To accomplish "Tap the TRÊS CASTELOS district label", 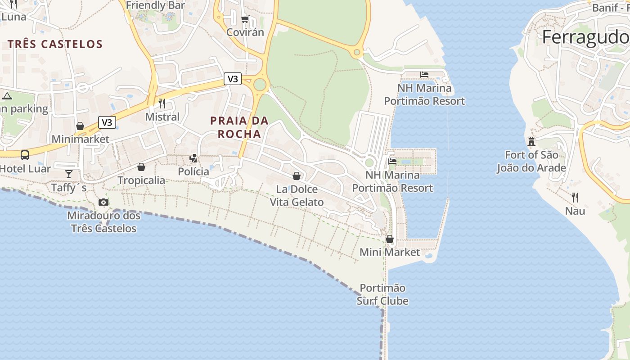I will click(55, 44).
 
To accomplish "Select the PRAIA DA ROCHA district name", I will click(239, 127).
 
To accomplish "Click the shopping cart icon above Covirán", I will click(245, 19).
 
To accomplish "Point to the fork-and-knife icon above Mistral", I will click(162, 103).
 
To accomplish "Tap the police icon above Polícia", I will click(193, 158).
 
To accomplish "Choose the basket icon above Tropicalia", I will click(141, 167).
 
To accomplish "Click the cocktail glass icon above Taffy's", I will click(68, 174).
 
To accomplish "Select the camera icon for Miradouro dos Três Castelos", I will click(103, 202).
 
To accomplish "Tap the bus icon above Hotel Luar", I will click(25, 155).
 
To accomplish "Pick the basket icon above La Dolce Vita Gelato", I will click(297, 176).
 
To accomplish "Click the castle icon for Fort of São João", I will click(531, 142).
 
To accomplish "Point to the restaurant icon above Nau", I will click(575, 197).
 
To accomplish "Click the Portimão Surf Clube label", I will click(382, 294).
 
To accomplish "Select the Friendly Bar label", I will click(155, 5).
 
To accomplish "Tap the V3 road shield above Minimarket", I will click(107, 122).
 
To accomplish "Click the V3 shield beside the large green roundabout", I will click(233, 79).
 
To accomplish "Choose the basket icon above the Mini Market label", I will click(390, 239).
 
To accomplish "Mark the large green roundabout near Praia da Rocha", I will click(260, 84).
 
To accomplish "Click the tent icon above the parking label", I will click(7, 96).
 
